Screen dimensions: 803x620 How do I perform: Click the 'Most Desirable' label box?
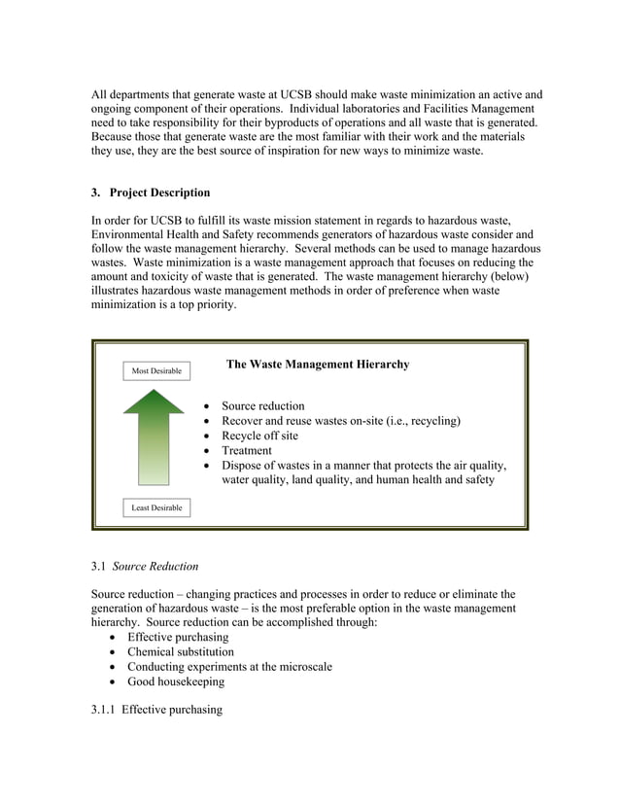coord(156,370)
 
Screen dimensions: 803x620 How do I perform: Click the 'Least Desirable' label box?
coord(156,507)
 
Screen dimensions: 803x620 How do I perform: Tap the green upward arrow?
coord(154,437)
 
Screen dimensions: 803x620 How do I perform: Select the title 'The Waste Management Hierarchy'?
coord(318,365)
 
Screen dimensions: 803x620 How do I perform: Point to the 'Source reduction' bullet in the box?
coord(262,406)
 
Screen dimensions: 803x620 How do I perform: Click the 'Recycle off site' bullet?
coord(259,436)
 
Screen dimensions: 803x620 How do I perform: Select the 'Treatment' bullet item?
coord(247,450)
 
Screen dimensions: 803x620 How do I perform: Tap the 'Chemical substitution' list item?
coord(181,651)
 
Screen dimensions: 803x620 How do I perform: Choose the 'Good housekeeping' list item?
coord(176,681)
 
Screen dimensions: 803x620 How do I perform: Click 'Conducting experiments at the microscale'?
coord(229,667)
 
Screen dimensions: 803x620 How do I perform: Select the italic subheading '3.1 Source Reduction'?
coord(144,566)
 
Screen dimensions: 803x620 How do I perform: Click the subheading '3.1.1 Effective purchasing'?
coord(156,710)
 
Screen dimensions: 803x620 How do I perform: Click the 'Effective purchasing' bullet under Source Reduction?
coord(178,637)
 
